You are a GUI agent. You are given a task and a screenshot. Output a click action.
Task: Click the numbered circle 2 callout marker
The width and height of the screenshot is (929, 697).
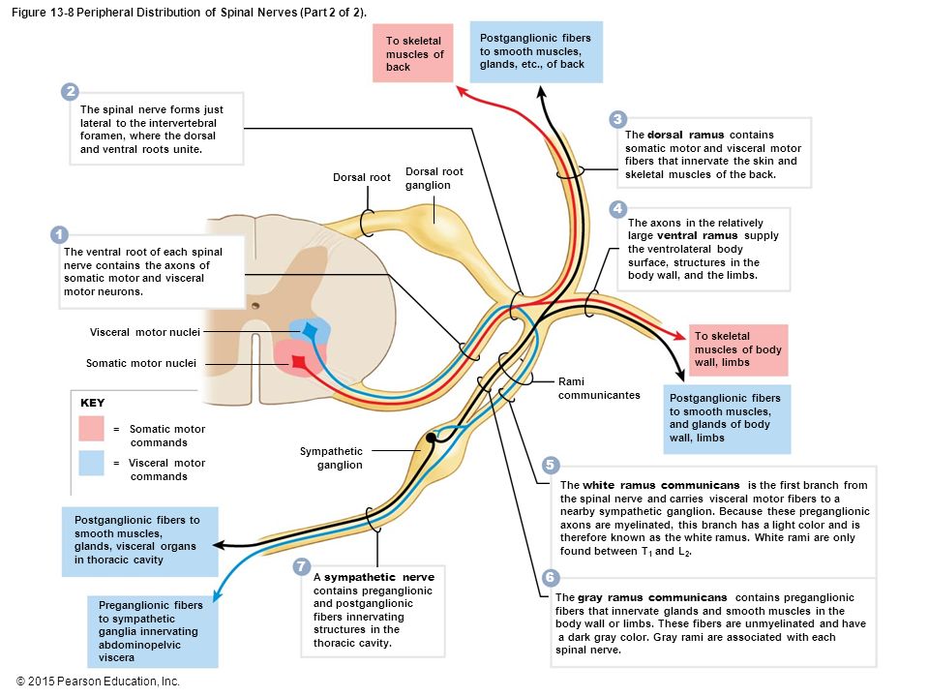click(x=70, y=91)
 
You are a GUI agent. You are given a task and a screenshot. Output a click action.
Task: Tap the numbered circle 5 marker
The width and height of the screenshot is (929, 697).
click(x=550, y=465)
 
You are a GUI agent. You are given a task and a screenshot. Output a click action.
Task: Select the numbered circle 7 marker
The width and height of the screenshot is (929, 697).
click(x=302, y=566)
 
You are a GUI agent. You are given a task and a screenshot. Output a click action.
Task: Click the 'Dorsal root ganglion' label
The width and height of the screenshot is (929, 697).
click(x=435, y=178)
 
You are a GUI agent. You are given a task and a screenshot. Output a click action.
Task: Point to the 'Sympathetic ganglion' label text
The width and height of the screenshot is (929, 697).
click(x=331, y=458)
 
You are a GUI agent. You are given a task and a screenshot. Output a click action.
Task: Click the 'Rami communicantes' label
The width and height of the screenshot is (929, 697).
click(x=599, y=388)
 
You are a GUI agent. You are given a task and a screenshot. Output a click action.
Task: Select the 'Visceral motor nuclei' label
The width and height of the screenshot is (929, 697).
click(x=144, y=332)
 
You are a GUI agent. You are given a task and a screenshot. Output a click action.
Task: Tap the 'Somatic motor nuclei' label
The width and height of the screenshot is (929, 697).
click(x=141, y=363)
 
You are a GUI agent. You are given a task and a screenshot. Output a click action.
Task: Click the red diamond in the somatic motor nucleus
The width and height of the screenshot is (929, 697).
click(x=299, y=362)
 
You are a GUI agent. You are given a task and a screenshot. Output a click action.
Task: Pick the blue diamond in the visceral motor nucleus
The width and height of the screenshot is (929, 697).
click(x=310, y=329)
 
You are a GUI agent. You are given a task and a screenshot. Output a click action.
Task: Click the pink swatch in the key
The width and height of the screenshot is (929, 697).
click(x=91, y=429)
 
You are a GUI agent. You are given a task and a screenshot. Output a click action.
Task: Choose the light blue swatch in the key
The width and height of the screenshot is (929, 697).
click(x=91, y=463)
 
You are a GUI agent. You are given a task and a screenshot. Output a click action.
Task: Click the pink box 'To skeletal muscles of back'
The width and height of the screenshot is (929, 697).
click(x=413, y=53)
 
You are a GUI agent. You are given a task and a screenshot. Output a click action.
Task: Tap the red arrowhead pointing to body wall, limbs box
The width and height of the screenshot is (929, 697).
click(x=680, y=335)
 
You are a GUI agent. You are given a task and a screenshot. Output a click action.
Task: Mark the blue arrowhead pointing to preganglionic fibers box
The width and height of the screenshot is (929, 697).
click(x=217, y=594)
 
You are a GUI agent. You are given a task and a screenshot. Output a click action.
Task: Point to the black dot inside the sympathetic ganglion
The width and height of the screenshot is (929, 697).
click(x=431, y=438)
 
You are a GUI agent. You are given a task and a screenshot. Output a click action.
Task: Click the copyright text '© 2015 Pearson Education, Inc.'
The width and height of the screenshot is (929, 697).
click(x=98, y=682)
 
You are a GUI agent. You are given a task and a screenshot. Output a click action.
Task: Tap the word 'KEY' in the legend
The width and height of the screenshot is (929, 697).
click(x=93, y=403)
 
